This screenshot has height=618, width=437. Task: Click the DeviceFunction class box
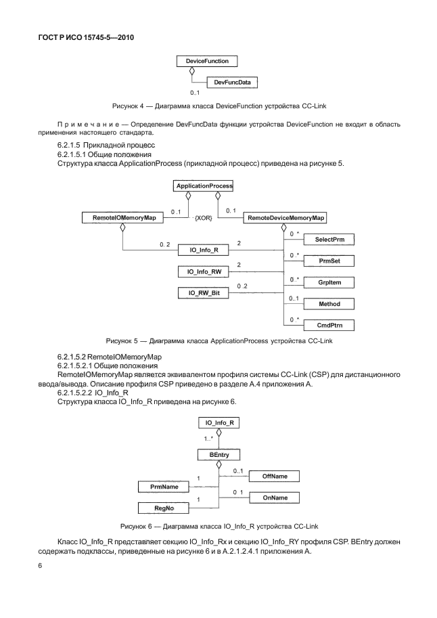(x=202, y=61)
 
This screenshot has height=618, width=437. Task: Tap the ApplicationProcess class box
(x=204, y=185)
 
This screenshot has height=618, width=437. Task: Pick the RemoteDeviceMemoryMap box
(x=285, y=218)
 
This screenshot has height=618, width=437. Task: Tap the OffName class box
(x=275, y=477)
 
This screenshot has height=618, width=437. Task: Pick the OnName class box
(x=275, y=498)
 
